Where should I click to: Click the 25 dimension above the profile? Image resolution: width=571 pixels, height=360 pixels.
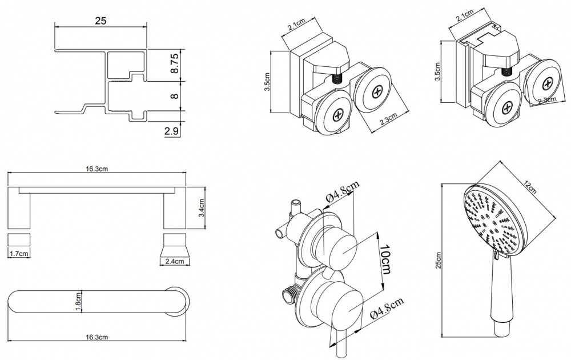pos(101,21)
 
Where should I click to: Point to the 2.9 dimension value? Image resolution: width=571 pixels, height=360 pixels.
pos(172,131)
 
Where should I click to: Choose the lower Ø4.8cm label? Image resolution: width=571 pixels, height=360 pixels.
pos(387,309)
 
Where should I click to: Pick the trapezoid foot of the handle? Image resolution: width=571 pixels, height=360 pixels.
pos(175,245)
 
